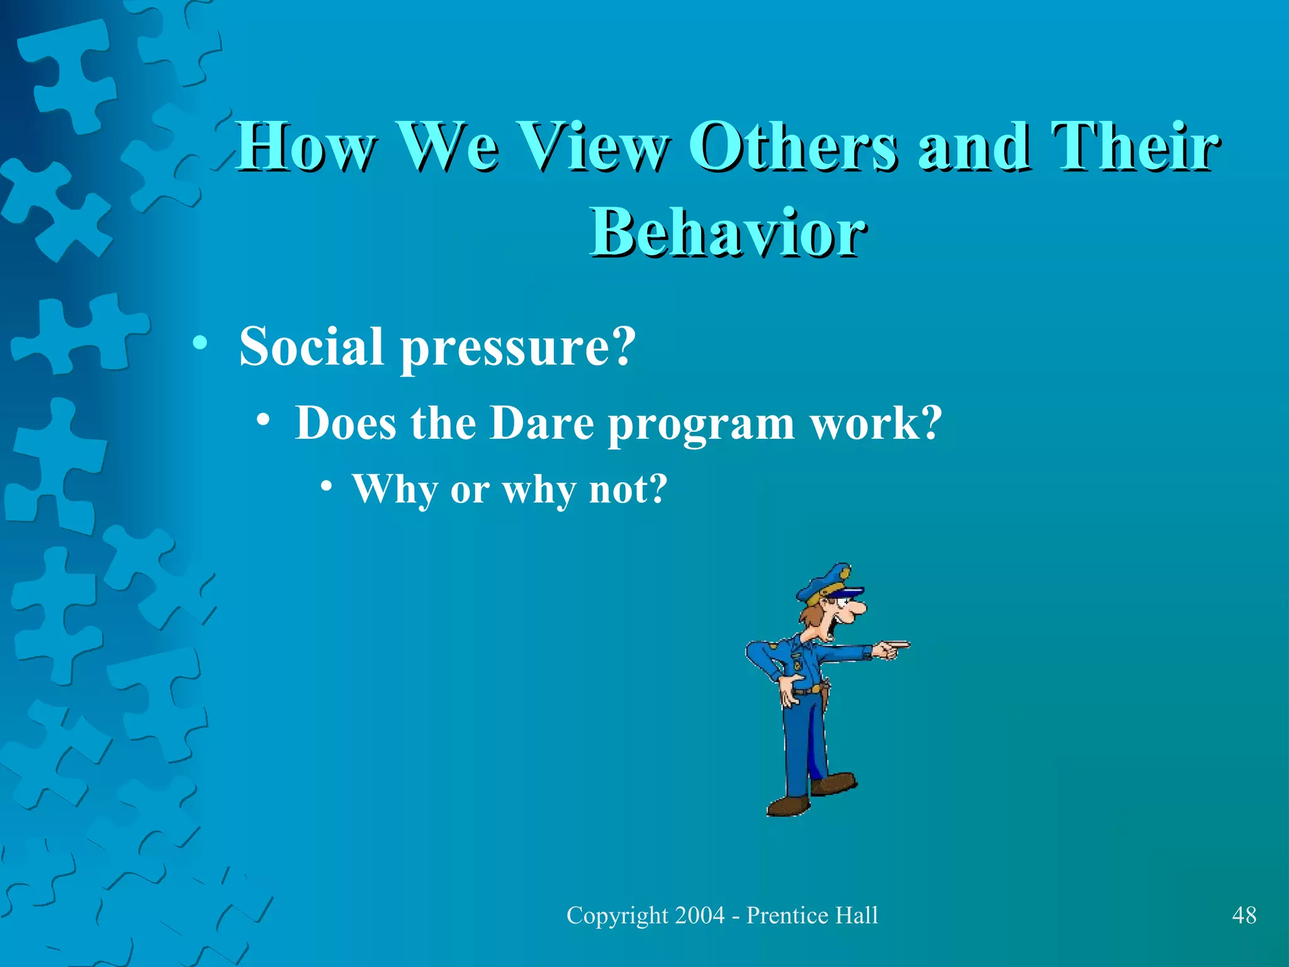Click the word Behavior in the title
pyautogui.click(x=728, y=232)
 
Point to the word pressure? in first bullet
pyautogui.click(x=518, y=348)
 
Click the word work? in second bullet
pyautogui.click(x=875, y=422)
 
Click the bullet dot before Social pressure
pyautogui.click(x=200, y=344)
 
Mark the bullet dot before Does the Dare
pyautogui.click(x=264, y=420)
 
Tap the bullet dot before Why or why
pyautogui.click(x=325, y=486)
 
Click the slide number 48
pyautogui.click(x=1244, y=915)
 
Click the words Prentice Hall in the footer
pyautogui.click(x=812, y=915)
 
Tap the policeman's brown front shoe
pyautogui.click(x=787, y=806)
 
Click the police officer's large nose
pyautogui.click(x=855, y=608)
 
